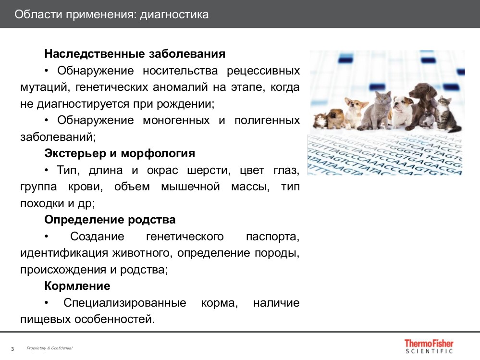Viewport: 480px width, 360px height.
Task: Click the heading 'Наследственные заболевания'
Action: pyautogui.click(x=135, y=53)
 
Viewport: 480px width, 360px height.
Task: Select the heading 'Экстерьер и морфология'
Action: pyautogui.click(x=120, y=153)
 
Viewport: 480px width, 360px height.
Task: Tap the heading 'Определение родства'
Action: pyautogui.click(x=110, y=220)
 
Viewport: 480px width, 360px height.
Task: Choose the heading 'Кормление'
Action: pyautogui.click(x=77, y=286)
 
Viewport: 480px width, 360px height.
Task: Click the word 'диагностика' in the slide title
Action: pyautogui.click(x=174, y=14)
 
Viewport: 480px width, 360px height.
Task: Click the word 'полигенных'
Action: pyautogui.click(x=267, y=120)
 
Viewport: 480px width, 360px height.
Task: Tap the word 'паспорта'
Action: pyautogui.click(x=272, y=236)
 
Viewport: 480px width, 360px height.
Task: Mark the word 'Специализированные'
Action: pyautogui.click(x=125, y=303)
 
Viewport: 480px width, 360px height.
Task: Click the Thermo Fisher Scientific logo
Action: pyautogui.click(x=429, y=346)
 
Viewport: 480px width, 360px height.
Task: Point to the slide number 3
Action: pyautogui.click(x=12, y=348)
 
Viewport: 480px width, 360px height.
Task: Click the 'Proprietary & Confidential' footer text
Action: pyautogui.click(x=49, y=348)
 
